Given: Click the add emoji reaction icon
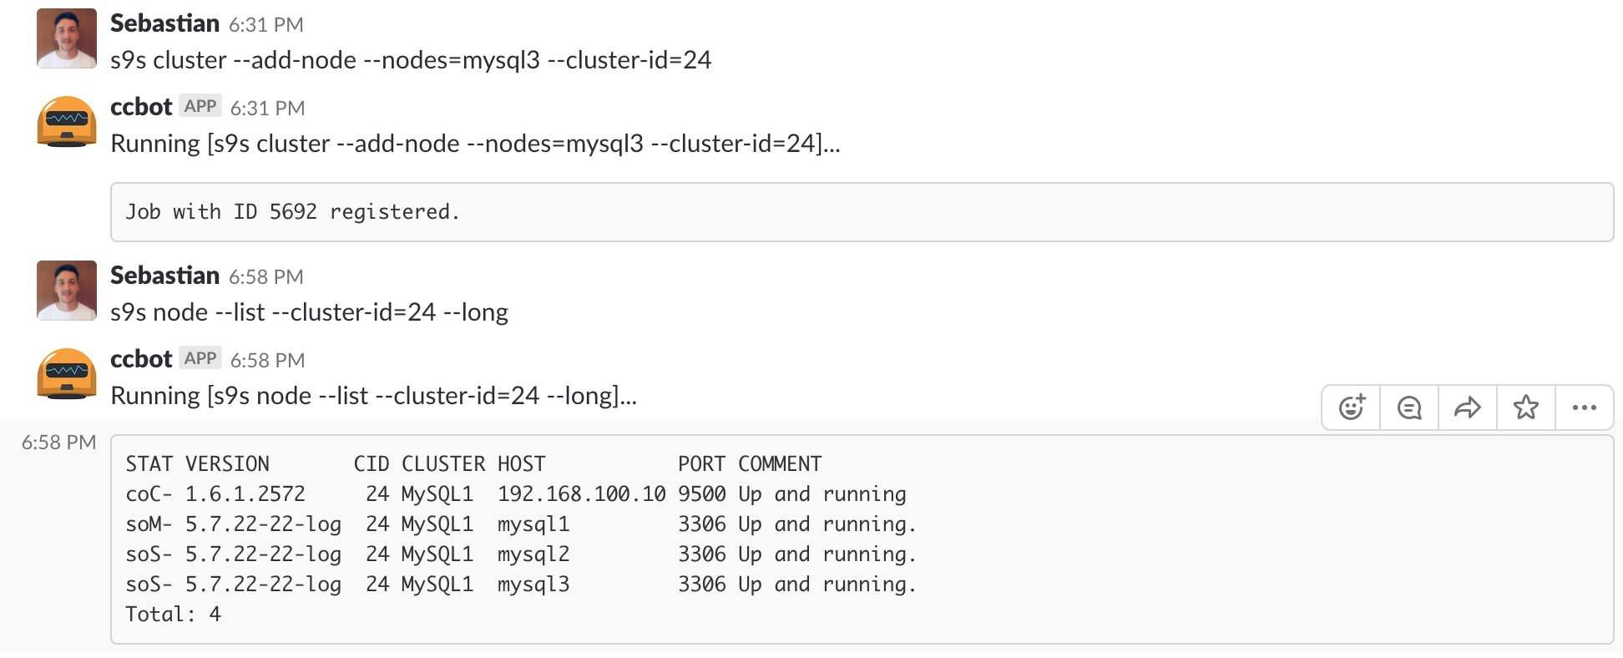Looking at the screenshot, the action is click(1352, 407).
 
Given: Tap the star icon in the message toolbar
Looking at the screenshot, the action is click(1526, 407).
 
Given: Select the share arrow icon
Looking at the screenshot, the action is click(1468, 407).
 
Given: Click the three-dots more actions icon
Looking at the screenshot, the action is click(1585, 407).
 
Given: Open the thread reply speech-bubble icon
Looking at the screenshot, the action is click(1409, 407).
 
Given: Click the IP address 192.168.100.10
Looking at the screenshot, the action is click(582, 494).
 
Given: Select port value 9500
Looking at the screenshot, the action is click(702, 494).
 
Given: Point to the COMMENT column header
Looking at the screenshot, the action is click(780, 464).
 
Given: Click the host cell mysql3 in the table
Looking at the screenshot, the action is click(533, 585).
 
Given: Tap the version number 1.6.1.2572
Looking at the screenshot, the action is click(245, 494).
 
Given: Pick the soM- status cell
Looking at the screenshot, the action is click(149, 524).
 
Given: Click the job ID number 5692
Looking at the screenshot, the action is click(293, 212).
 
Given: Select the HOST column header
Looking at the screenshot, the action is click(522, 464).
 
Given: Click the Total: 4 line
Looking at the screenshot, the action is click(173, 615).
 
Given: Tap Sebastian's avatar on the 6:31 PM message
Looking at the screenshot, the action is click(67, 38).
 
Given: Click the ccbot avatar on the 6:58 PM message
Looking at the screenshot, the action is click(67, 374).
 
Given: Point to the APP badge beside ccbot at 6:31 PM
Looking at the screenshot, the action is click(200, 106).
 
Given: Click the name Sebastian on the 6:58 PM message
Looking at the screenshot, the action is click(165, 276).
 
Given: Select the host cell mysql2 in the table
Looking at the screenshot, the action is click(533, 554).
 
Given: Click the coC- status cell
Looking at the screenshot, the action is click(149, 494).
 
